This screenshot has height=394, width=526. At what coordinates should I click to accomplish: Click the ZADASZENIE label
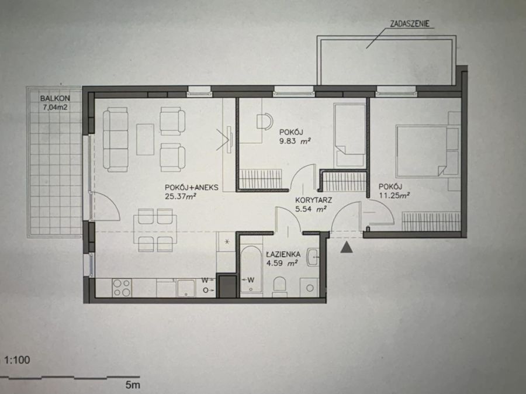(410, 23)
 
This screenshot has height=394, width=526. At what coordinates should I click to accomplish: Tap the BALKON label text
(55, 98)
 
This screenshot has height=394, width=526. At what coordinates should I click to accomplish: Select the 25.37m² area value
(181, 196)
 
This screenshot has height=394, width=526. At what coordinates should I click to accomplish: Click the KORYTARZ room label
(314, 201)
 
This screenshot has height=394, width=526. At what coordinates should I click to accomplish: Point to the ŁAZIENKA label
(283, 254)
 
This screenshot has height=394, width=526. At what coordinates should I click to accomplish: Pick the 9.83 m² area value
(295, 141)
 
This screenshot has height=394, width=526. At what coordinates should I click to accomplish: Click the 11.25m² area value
(394, 195)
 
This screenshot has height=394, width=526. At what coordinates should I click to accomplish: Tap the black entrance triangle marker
(347, 248)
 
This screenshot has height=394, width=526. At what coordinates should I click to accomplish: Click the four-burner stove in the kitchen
(122, 288)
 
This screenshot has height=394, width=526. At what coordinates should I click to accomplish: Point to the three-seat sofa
(115, 139)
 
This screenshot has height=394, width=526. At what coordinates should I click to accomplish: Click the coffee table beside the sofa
(146, 139)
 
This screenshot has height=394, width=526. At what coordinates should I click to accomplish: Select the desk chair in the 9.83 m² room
(265, 121)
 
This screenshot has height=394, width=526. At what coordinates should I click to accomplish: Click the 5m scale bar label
(133, 385)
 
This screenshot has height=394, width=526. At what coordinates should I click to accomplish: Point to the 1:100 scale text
(18, 360)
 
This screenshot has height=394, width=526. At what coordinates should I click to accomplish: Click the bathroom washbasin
(313, 257)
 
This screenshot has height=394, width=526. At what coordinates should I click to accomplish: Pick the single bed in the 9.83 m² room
(350, 135)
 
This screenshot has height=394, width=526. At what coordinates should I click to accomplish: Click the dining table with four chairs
(155, 230)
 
